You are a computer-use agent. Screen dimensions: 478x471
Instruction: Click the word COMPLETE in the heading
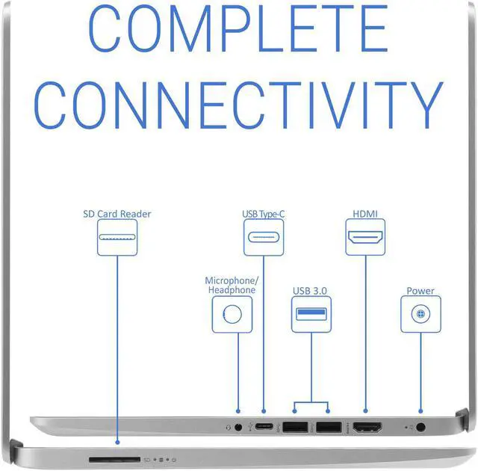[238, 30]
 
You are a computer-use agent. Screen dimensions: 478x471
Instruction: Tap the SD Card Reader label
[117, 214]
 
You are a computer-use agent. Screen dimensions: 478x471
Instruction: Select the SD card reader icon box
[117, 238]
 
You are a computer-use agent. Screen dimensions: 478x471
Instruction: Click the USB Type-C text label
[263, 215]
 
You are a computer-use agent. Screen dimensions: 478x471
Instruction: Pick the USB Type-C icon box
[264, 238]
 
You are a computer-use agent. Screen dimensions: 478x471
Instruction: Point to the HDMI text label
[365, 214]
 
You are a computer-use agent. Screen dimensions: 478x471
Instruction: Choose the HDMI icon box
[365, 238]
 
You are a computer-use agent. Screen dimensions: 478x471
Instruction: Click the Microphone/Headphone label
[232, 285]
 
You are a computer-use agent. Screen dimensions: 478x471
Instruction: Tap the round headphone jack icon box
[232, 314]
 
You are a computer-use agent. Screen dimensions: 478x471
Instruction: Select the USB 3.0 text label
[310, 291]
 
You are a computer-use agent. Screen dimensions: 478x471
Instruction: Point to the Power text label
[420, 291]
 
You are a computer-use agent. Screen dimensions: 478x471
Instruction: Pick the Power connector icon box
[420, 314]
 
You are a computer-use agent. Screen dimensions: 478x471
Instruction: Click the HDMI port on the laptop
[367, 428]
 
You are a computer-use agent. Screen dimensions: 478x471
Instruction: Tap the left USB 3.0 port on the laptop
[295, 428]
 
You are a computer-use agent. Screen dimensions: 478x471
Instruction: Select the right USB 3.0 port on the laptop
[328, 428]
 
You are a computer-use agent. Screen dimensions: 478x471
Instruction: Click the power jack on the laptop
[421, 428]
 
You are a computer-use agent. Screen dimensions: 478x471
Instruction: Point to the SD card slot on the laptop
[114, 458]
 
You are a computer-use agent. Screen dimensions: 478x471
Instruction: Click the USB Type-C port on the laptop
[264, 428]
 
